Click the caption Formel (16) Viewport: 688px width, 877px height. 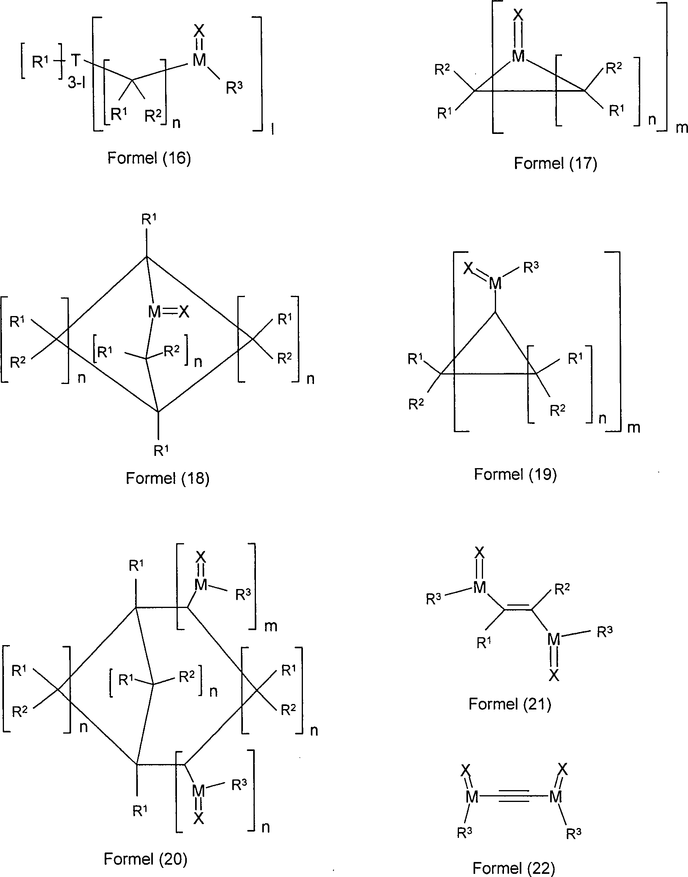pyautogui.click(x=149, y=158)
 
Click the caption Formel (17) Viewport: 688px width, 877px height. pyautogui.click(x=555, y=163)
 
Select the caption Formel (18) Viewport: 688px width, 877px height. pyautogui.click(x=167, y=478)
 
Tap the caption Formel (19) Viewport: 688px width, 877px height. pyautogui.click(x=515, y=474)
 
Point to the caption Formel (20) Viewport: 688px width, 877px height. pyautogui.click(x=145, y=859)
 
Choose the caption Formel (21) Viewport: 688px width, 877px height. pyautogui.click(x=509, y=704)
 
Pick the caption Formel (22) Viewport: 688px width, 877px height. pyautogui.click(x=513, y=868)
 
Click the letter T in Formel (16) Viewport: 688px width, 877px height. pyautogui.click(x=75, y=60)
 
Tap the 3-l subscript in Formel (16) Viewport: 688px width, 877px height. pyautogui.click(x=77, y=83)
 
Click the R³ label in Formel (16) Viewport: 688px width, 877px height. pyautogui.click(x=234, y=87)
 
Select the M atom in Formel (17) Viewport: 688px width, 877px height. pyautogui.click(x=518, y=56)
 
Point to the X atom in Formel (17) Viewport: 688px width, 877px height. pyautogui.click(x=519, y=15)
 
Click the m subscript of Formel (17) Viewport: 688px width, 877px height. pyautogui.click(x=682, y=128)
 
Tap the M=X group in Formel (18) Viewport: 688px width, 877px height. pyautogui.click(x=168, y=311)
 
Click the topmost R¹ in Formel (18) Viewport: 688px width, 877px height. pyautogui.click(x=149, y=219)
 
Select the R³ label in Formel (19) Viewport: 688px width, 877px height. pyautogui.click(x=531, y=267)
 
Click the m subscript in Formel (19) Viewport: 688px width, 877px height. pyautogui.click(x=633, y=427)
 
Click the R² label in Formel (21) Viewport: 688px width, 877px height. pyautogui.click(x=562, y=589)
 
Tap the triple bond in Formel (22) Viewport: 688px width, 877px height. pyautogui.click(x=513, y=796)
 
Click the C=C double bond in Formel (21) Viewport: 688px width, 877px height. pyautogui.click(x=517, y=608)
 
